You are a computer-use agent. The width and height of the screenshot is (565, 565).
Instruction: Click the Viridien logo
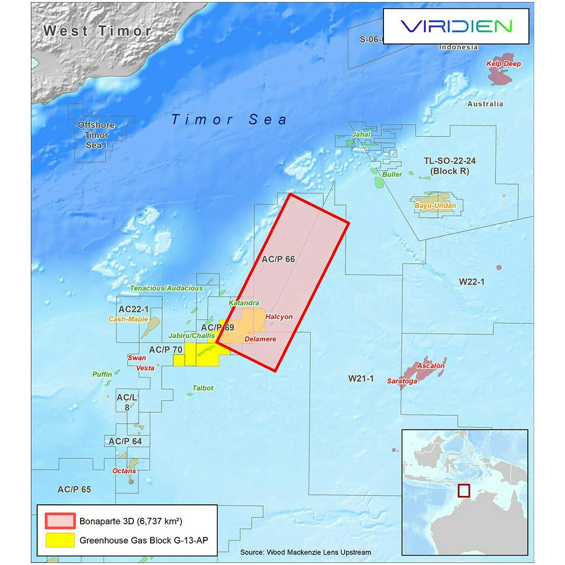456,26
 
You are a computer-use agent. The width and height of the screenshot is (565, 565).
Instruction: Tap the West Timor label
97,30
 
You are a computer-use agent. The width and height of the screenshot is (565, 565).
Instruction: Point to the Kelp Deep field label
503,64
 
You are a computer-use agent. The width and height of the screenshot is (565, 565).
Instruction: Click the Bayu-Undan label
435,206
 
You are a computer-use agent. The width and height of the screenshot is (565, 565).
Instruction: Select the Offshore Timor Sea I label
96,135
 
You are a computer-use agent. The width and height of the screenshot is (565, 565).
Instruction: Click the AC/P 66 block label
278,259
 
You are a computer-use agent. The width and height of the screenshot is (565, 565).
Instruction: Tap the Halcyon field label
279,317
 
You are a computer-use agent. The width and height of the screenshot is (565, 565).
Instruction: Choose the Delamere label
260,339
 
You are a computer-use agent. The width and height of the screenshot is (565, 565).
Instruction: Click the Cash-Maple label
128,319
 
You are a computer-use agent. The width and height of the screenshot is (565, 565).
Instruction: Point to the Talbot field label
203,388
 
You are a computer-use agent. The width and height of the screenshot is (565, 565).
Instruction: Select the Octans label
124,471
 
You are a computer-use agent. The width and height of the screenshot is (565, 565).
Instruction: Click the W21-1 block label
361,378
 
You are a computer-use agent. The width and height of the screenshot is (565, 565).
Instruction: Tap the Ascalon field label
431,366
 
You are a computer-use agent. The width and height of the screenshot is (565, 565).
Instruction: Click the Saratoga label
402,381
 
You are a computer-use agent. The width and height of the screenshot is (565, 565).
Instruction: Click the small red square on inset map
464,491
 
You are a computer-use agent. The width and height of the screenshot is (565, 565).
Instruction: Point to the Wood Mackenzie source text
306,552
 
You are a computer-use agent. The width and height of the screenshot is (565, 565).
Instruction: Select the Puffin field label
102,374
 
